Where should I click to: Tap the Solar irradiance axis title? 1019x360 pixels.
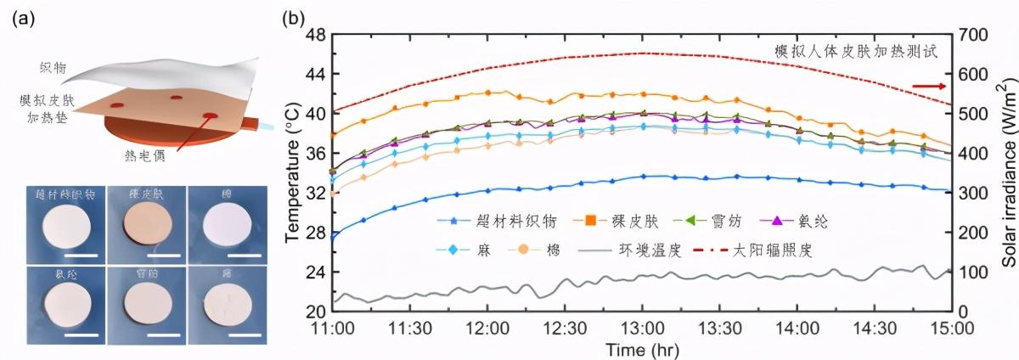(x=1008, y=174)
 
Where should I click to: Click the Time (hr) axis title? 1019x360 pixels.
(x=642, y=349)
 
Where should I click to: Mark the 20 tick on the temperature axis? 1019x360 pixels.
(x=316, y=311)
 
